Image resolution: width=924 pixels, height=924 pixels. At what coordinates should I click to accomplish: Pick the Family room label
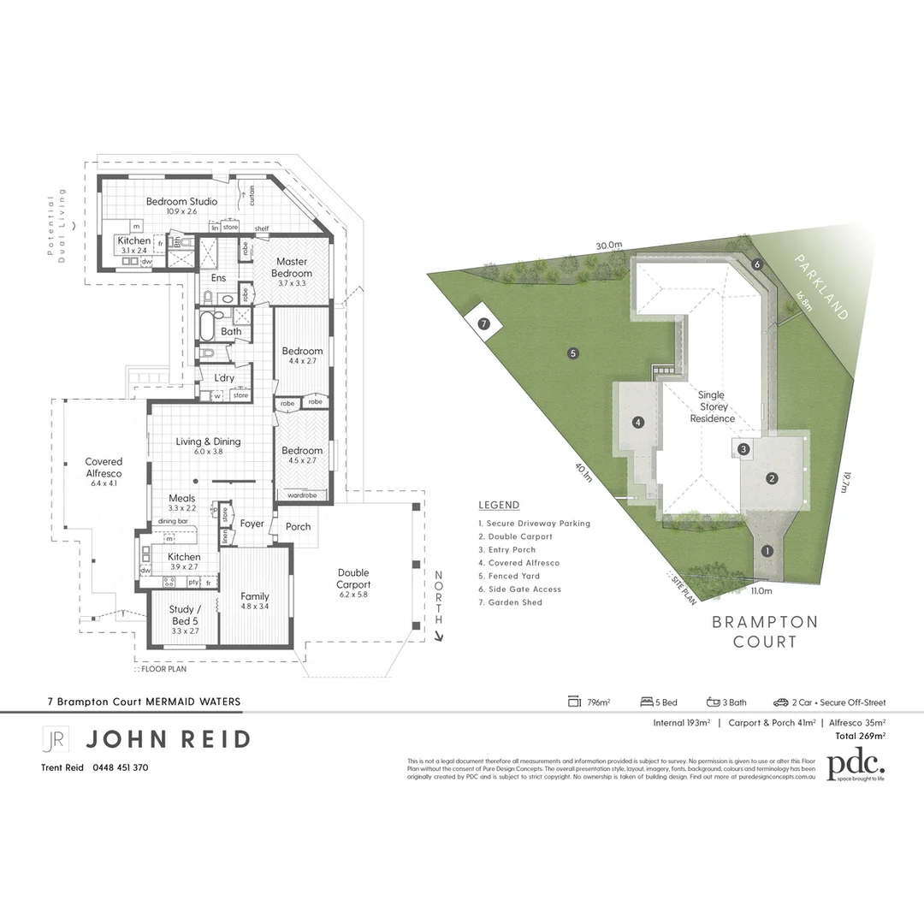pos(254,596)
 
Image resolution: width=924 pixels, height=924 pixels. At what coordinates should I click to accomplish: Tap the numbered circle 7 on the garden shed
pos(483,324)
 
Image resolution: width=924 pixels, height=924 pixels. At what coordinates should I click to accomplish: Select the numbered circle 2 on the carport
pos(772,478)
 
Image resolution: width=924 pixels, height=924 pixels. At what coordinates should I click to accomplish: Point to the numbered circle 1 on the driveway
pos(767,551)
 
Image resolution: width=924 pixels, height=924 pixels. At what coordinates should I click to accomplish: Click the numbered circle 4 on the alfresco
pos(638,422)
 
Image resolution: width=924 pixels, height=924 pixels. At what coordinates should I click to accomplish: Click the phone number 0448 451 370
pos(119,767)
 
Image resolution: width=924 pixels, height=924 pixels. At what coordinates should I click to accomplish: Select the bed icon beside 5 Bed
pos(648,702)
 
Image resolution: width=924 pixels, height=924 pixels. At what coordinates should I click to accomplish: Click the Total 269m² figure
pos(860,735)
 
